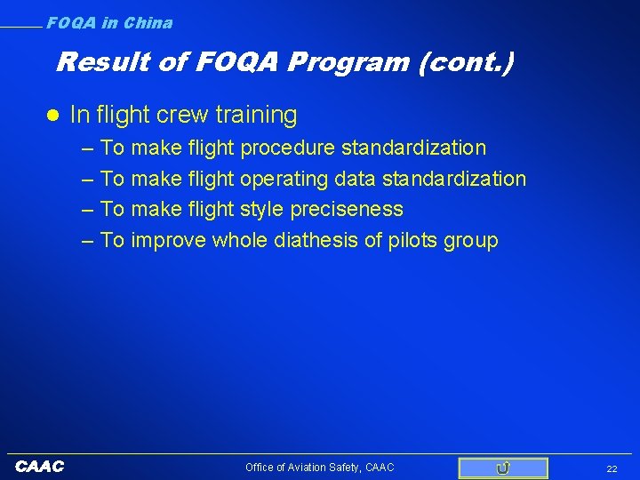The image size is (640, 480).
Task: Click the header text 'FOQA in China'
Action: click(109, 23)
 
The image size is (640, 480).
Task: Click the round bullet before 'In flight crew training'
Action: click(52, 116)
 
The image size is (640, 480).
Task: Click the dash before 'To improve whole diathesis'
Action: click(88, 241)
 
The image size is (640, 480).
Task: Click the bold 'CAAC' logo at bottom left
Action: click(39, 467)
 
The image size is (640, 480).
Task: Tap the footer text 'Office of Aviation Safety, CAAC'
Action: click(319, 468)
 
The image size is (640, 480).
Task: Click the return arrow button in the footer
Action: click(503, 468)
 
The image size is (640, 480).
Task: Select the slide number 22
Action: click(612, 468)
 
